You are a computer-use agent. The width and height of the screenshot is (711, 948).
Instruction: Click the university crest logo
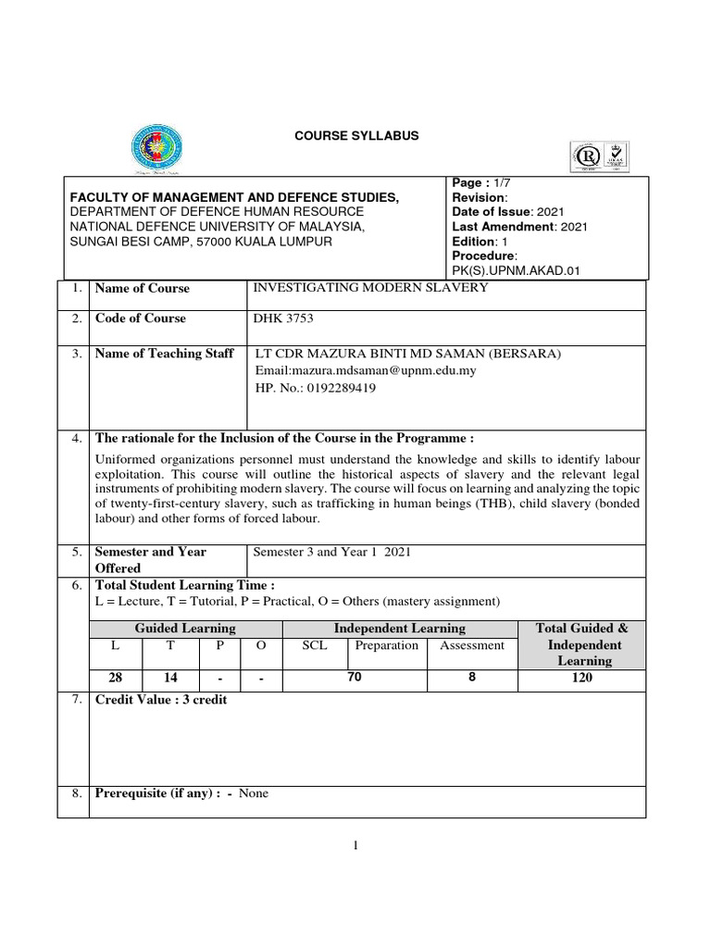point(156,147)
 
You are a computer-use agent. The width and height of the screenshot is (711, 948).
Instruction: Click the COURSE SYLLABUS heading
point(356,136)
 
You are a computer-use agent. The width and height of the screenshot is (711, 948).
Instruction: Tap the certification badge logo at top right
point(602,158)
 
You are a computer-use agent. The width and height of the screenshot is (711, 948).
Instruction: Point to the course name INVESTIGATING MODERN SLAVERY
point(370,288)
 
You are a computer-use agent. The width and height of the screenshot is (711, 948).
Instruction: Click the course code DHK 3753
point(283,318)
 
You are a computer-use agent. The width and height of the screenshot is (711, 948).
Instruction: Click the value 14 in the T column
point(170,679)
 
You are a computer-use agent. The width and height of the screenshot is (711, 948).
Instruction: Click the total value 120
point(582,679)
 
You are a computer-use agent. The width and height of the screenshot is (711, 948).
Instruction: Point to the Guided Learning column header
point(185,629)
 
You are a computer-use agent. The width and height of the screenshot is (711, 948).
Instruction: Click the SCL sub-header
point(315,645)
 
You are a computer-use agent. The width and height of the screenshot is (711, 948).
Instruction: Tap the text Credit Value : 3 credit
point(161,700)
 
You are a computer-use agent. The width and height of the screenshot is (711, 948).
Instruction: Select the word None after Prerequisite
point(254,793)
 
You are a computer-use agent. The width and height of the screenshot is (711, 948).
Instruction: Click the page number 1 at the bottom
point(355,845)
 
